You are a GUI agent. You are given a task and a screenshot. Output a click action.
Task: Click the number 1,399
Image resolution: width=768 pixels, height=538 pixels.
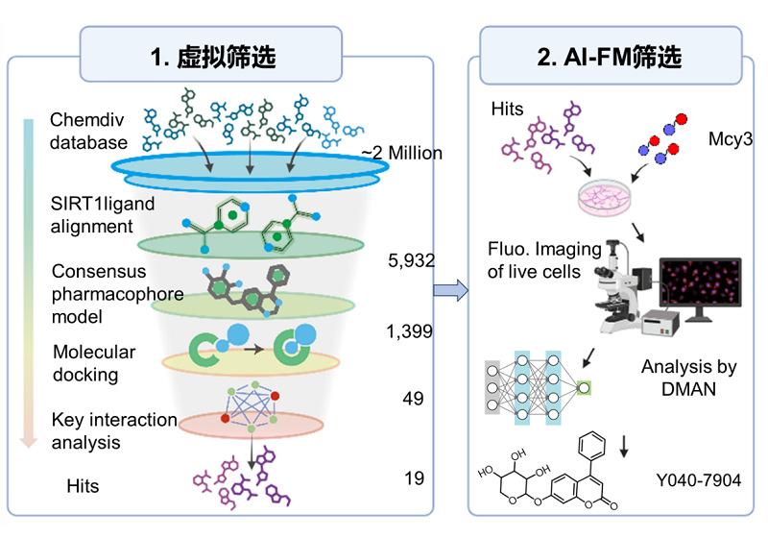(408, 332)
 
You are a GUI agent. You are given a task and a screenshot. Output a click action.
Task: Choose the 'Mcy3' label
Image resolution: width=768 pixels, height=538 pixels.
(727, 140)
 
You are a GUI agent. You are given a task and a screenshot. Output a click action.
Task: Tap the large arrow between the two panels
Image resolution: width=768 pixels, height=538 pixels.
(449, 289)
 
